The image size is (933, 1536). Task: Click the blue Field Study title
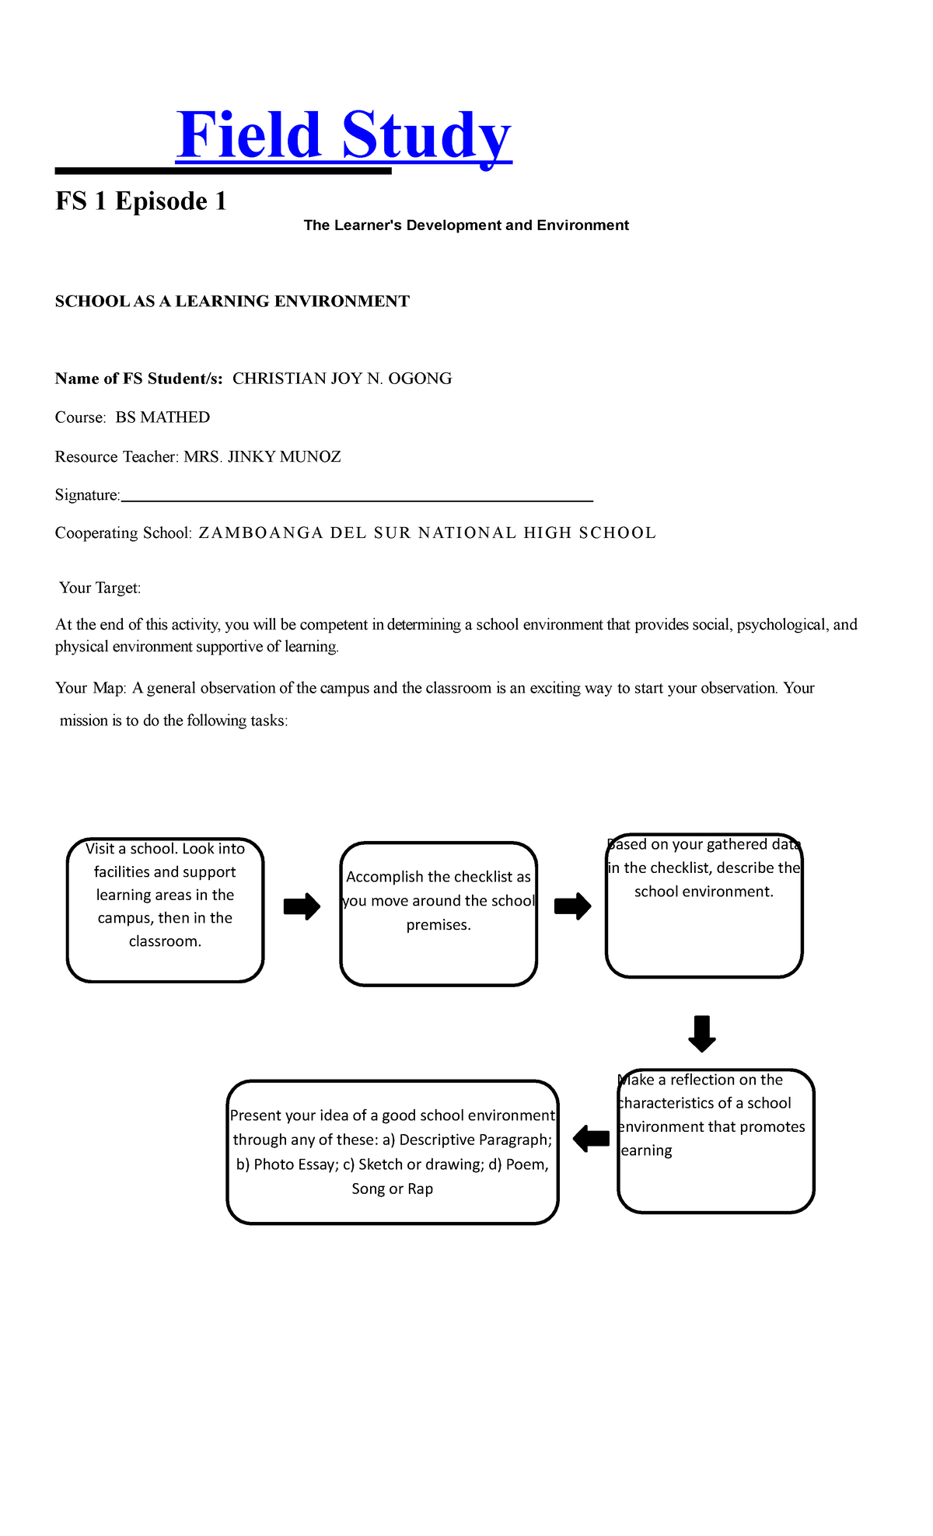(344, 136)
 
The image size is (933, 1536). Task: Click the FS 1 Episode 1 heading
(141, 201)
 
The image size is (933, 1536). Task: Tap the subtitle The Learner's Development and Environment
(466, 225)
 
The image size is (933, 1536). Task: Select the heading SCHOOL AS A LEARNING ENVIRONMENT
(232, 302)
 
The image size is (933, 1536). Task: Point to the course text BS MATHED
(162, 417)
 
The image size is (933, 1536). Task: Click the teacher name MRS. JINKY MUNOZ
(262, 457)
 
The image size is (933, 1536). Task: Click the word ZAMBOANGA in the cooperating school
(260, 533)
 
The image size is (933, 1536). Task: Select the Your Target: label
(100, 588)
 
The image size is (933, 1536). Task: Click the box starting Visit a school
(165, 909)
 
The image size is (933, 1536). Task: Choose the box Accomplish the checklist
(439, 913)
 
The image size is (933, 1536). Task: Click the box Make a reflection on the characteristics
(715, 1140)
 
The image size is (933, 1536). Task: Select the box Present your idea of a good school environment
(393, 1151)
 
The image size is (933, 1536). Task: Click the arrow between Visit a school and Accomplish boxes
(302, 906)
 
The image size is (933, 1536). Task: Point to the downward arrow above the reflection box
(702, 1033)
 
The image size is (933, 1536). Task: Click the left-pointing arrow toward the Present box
(592, 1140)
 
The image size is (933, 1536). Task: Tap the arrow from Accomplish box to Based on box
(572, 906)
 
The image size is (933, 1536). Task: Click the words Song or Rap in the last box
(393, 1189)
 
